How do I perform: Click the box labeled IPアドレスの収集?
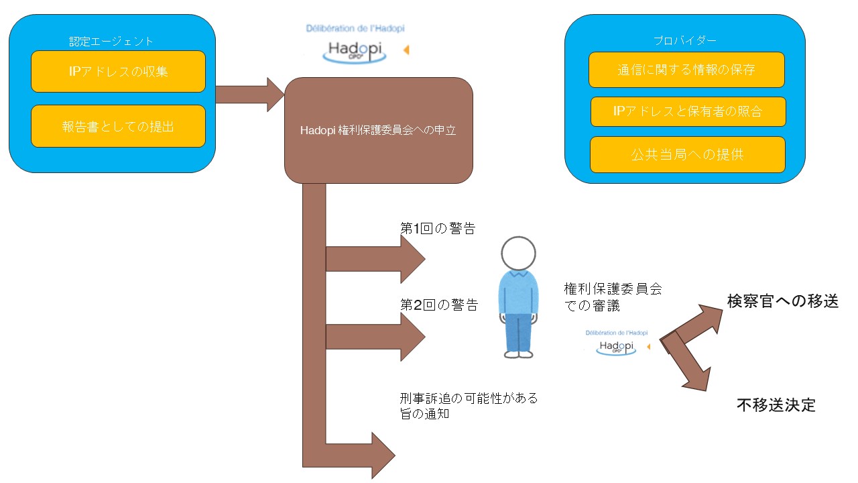118,71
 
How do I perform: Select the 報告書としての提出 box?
118,125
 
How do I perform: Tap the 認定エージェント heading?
111,42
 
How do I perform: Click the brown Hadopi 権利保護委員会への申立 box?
379,131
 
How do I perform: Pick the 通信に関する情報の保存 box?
686,70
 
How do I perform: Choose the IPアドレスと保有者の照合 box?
687,111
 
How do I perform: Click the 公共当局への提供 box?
687,154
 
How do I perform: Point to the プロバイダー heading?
684,40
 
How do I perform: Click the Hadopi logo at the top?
355,48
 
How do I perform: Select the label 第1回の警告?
437,228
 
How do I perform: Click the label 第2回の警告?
438,305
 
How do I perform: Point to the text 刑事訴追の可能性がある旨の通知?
468,406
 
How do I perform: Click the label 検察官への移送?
783,301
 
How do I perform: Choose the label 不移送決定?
776,405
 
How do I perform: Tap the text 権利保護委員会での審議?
613,297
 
